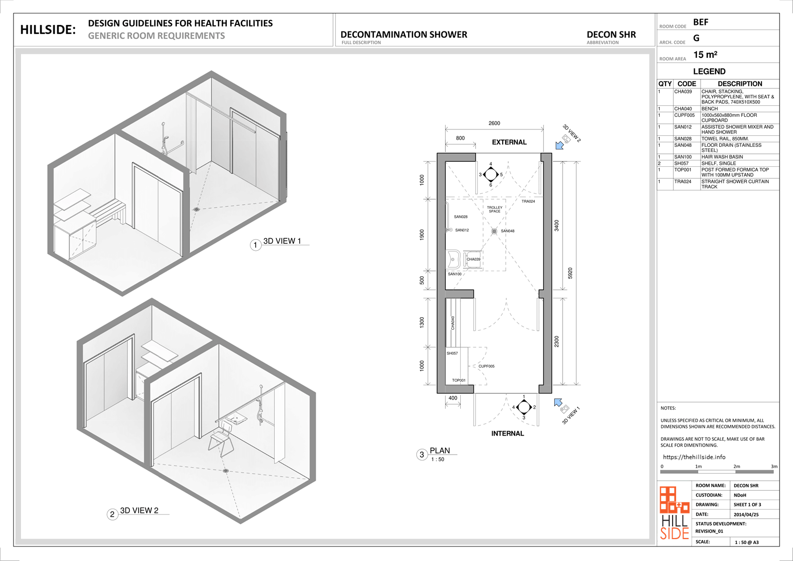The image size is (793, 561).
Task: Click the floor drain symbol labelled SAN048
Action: coord(494,231)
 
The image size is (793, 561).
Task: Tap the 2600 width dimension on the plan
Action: coord(494,123)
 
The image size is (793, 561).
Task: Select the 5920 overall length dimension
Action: coord(570,273)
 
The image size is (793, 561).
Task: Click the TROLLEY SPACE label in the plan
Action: coord(495,209)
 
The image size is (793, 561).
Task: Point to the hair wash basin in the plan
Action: coord(453,259)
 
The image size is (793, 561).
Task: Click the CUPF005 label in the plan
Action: coord(486,366)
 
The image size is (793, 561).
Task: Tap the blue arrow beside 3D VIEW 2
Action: coord(559,145)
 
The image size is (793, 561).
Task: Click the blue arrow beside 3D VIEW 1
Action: coord(558,403)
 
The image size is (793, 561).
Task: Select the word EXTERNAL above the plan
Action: coord(509,142)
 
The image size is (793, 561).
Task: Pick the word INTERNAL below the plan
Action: coord(507,434)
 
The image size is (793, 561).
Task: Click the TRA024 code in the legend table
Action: coord(683,181)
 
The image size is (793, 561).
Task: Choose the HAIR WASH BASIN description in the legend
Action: coord(722,157)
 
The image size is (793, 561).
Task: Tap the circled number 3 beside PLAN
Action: coord(422,455)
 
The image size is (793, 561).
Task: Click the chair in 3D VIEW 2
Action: coord(221,439)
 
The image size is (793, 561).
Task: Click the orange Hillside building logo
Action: coord(675,500)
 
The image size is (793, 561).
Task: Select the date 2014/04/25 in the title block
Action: coord(746,515)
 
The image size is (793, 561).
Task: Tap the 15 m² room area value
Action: coord(705,55)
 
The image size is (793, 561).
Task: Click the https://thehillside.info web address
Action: coord(694,457)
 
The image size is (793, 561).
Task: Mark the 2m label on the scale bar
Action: coord(737,467)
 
